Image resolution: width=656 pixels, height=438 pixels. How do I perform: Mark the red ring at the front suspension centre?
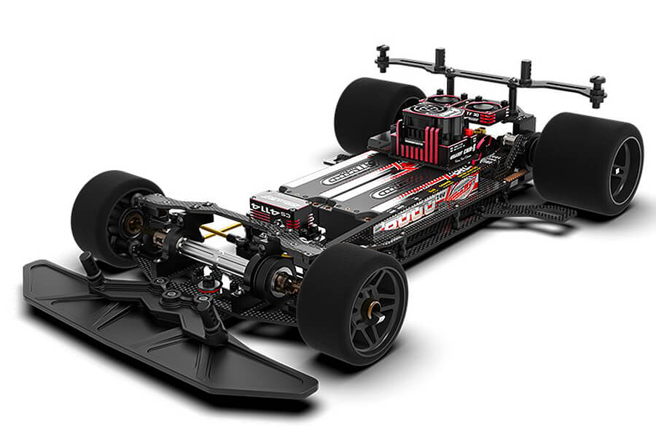[x=208, y=280]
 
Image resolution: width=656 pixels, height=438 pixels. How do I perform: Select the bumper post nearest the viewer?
[x=214, y=321]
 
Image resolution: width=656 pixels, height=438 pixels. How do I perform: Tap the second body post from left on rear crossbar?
[x=440, y=58]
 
